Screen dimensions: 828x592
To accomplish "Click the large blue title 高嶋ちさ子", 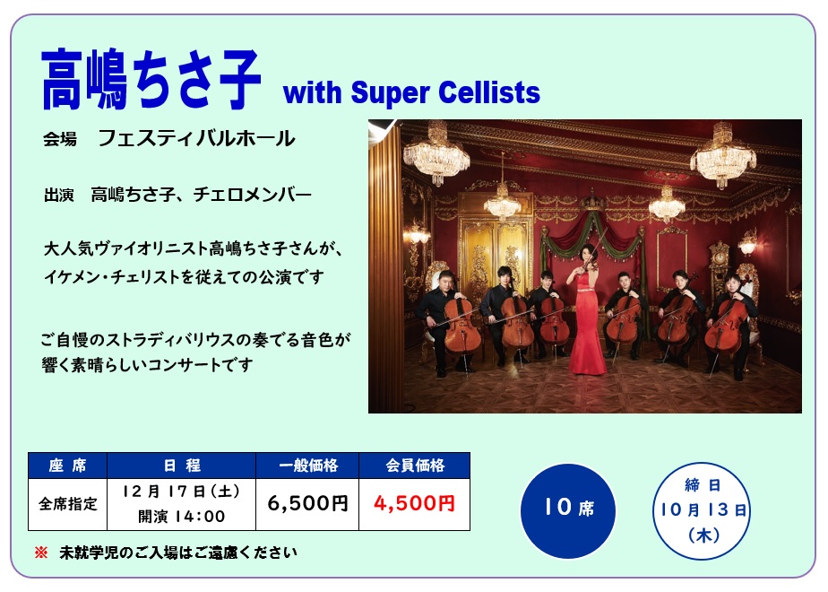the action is (151, 79).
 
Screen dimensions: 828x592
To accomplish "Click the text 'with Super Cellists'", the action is (412, 93).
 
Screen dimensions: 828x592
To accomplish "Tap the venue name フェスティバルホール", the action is (196, 138).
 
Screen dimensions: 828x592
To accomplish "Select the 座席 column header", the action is (67, 466).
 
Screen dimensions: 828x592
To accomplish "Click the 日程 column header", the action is (181, 466).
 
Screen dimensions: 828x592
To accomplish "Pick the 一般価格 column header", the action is (307, 466).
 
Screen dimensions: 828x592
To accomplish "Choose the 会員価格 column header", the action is (415, 466).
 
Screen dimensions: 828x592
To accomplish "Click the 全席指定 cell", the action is (67, 504).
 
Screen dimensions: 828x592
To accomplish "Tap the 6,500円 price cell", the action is (307, 503).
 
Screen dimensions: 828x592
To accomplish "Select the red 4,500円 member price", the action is (415, 503).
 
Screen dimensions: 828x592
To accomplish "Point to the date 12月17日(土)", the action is (181, 492).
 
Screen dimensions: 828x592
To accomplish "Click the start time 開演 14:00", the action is (181, 516).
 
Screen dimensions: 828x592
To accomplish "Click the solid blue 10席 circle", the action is (568, 510).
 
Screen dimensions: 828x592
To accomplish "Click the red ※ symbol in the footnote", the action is (40, 553).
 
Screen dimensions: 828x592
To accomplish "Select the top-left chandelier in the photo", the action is (436, 153).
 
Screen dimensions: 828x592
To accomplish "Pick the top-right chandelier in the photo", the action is (723, 155).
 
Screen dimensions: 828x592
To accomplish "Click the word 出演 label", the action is (58, 195).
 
